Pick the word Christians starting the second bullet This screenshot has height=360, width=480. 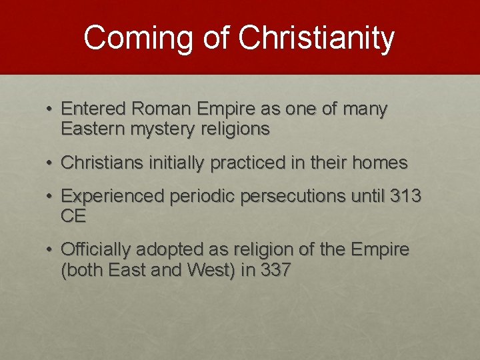(98, 163)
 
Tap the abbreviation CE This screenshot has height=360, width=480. (73, 216)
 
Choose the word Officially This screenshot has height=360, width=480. (96, 250)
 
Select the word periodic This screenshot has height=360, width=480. (198, 197)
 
